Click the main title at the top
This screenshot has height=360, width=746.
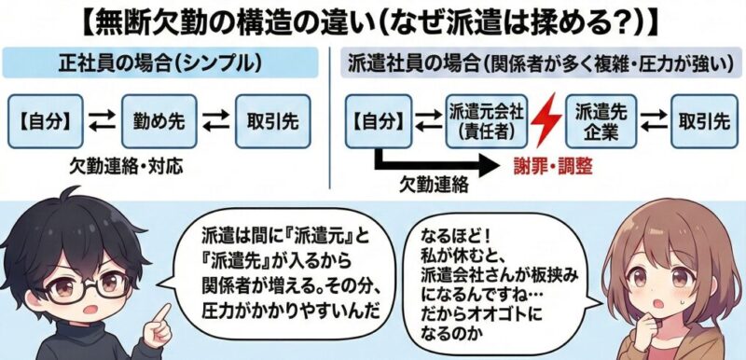[373, 21]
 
